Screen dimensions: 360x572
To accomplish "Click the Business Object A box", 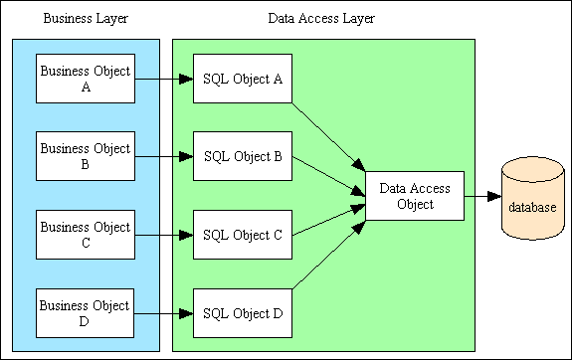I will coord(85,79).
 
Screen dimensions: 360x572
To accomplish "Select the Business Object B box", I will coord(85,156).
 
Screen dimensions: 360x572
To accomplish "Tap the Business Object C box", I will coord(85,235).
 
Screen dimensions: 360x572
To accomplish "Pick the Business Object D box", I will coord(85,312).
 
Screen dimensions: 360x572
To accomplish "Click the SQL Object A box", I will coord(242,80).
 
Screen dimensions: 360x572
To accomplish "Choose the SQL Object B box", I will coord(242,156).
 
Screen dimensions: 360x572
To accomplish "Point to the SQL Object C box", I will coord(242,236).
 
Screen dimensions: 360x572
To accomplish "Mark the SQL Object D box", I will coord(242,313).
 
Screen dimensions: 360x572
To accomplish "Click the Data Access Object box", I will coord(414,196).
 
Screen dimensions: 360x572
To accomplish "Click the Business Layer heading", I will coord(84,20).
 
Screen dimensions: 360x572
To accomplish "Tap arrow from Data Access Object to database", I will coord(481,197).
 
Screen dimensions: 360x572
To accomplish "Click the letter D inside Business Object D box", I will coord(85,320).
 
